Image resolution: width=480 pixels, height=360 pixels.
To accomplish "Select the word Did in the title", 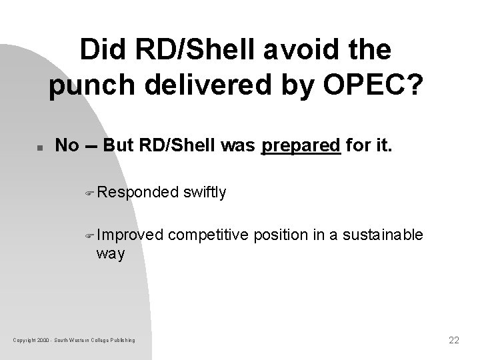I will (x=103, y=51).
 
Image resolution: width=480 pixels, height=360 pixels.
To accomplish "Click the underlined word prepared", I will (x=301, y=145).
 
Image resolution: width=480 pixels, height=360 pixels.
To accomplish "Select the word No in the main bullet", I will (x=67, y=145).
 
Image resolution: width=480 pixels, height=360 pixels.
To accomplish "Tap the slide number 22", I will (x=454, y=340).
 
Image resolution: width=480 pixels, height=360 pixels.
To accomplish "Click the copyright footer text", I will (x=74, y=341).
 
